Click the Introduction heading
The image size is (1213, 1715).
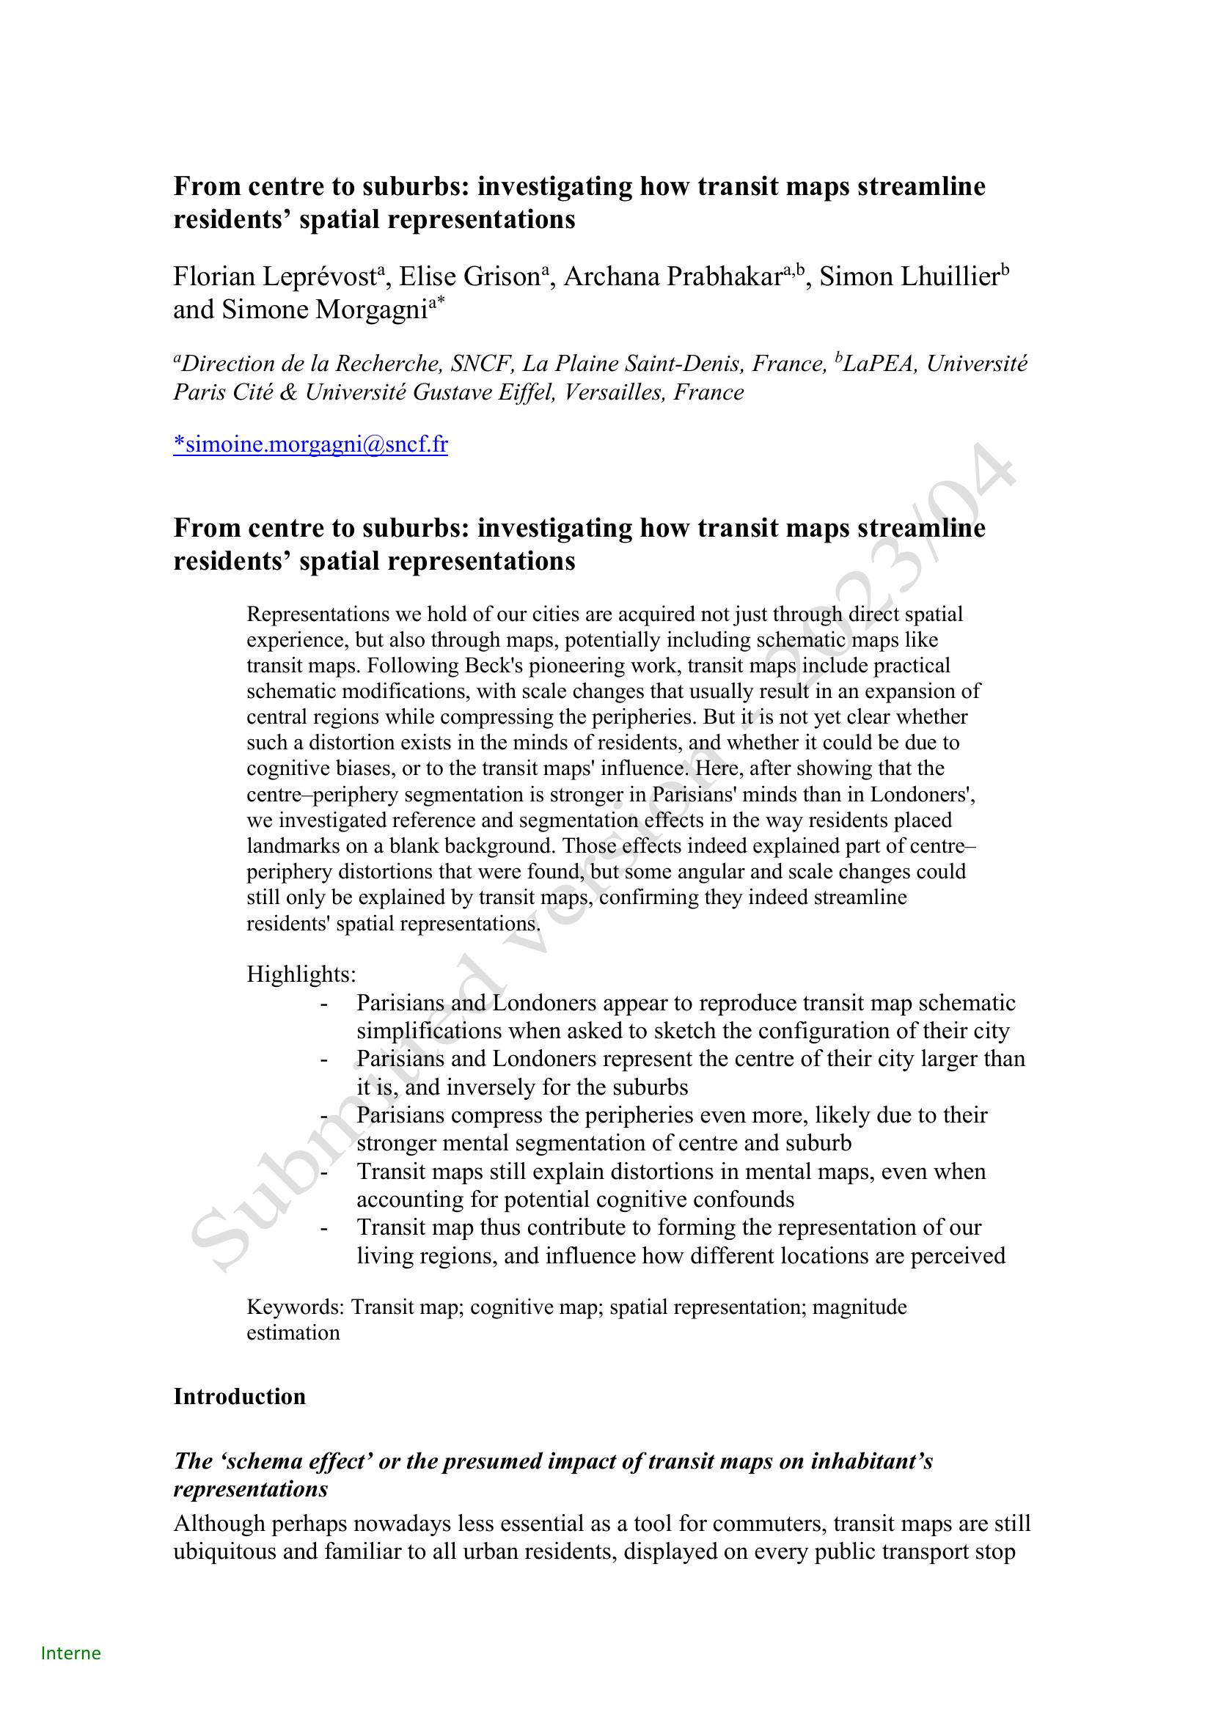[239, 1396]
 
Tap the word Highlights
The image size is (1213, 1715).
[300, 974]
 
